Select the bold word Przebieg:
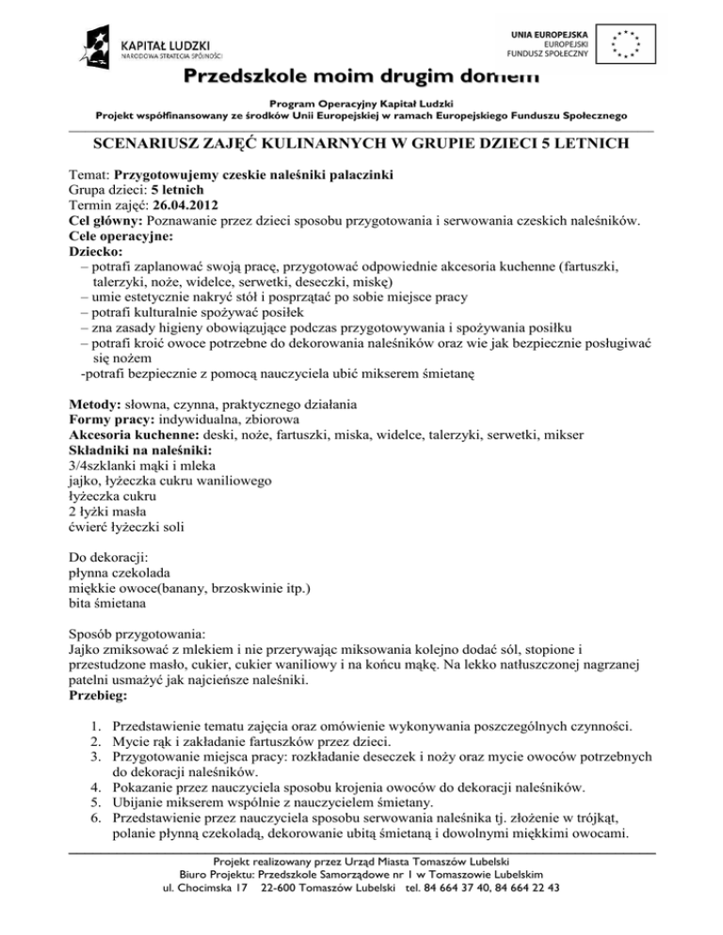[x=99, y=698]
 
